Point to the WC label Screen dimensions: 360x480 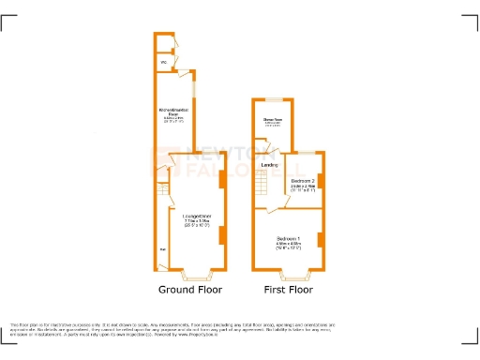[x=163, y=63]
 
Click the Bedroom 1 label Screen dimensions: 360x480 [x=288, y=238]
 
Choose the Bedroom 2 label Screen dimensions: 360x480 [x=303, y=180]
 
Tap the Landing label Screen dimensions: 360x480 [x=269, y=166]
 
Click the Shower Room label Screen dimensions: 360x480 [x=273, y=119]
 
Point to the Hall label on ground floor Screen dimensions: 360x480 [x=163, y=249]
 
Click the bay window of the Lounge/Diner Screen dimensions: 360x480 [x=195, y=276]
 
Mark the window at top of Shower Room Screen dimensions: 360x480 [x=273, y=99]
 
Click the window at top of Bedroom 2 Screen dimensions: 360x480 [x=307, y=152]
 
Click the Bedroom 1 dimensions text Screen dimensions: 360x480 [x=288, y=247]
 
